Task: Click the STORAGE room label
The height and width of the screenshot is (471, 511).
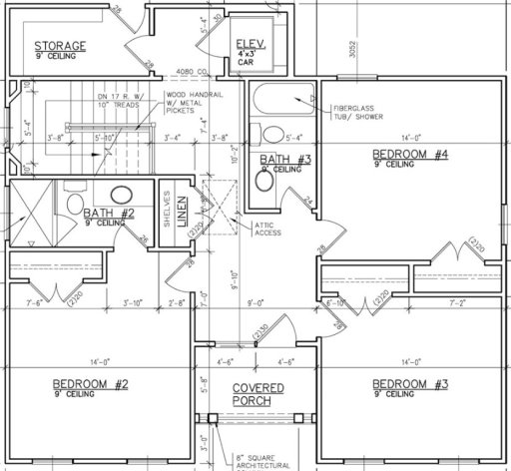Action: [60, 46]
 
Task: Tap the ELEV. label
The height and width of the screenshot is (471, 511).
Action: [248, 43]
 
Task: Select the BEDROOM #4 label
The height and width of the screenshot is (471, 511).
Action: [410, 154]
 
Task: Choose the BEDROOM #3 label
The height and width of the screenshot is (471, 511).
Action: [409, 384]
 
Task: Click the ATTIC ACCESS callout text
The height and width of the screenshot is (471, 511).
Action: [267, 229]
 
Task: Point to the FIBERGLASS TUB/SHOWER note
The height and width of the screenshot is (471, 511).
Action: [363, 109]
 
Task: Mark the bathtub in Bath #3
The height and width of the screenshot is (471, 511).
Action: [282, 104]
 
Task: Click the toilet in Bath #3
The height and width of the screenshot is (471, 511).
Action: [270, 135]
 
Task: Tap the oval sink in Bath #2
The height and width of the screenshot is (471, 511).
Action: [121, 196]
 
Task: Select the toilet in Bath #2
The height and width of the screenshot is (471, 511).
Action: [73, 204]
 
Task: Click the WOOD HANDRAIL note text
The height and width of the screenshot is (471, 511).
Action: [189, 103]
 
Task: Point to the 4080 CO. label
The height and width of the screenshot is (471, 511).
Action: [190, 72]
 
